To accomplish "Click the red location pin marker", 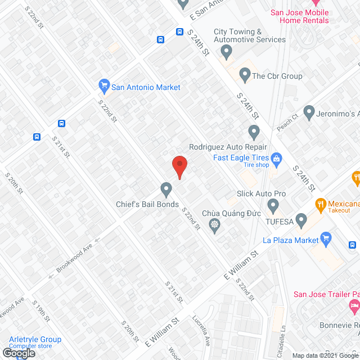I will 179,166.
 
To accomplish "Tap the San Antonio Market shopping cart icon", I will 103,86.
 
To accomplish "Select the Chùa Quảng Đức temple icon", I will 214,226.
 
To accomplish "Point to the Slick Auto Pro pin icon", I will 273,205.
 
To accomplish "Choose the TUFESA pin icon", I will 301,219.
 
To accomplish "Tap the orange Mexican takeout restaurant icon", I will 321,204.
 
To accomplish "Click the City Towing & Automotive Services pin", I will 226,53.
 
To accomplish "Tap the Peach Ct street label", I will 287,123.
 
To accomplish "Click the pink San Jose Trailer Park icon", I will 354,307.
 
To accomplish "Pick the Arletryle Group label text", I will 35,339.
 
